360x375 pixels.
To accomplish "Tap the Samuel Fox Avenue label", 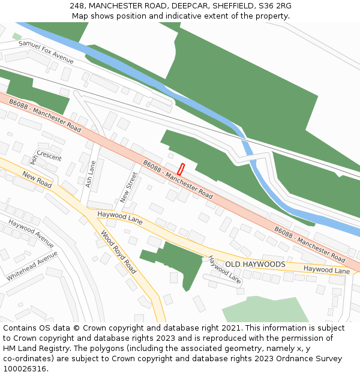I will point(46,52).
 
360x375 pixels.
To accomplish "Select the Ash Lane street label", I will point(91,174).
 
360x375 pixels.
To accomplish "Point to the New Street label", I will point(129,187).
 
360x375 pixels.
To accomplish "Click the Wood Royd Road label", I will point(118,252).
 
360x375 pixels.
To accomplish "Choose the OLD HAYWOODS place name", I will point(255,264).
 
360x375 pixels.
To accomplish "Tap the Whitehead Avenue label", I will point(32,266).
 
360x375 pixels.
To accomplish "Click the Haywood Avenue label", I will point(31,234).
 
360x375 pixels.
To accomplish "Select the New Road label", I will point(37,178).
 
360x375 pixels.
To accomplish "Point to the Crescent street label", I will point(49,157).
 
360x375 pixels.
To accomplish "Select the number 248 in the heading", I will point(76,5).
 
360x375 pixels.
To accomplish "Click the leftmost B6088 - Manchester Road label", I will point(45,116).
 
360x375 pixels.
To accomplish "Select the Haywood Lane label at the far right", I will point(326,271).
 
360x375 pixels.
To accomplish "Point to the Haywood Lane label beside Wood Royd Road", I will point(120,217).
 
